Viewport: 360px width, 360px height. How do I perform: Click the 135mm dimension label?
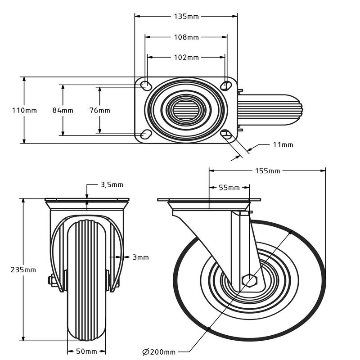click(186, 17)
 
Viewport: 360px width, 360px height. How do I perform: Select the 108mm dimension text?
click(186, 37)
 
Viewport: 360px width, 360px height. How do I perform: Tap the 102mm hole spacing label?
click(186, 57)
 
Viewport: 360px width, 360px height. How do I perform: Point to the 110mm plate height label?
click(24, 110)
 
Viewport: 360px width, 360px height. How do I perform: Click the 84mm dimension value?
click(63, 110)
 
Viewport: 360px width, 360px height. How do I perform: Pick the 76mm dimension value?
click(100, 110)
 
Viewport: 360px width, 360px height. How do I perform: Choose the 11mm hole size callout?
click(283, 144)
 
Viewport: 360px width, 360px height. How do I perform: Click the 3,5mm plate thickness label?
click(111, 184)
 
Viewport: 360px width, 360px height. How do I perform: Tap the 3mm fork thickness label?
click(140, 257)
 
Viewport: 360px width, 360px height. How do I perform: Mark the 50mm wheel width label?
click(86, 351)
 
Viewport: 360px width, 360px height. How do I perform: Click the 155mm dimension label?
click(267, 171)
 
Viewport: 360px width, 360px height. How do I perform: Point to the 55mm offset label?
click(229, 188)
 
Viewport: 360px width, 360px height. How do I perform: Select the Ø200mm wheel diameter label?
click(158, 351)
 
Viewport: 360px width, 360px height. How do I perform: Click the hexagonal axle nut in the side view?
click(248, 280)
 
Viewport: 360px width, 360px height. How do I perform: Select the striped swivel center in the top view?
click(186, 109)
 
